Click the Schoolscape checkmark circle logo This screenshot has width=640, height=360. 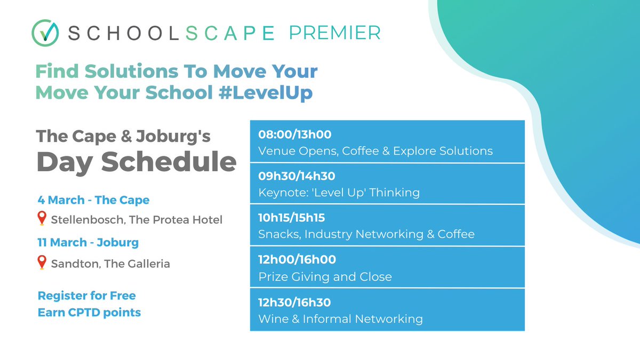click(45, 33)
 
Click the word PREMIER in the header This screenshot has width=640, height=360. click(334, 33)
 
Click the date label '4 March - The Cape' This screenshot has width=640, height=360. click(93, 200)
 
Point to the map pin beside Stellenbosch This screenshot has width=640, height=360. click(42, 219)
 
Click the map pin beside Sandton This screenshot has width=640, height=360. click(42, 263)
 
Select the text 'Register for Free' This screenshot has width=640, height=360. click(86, 295)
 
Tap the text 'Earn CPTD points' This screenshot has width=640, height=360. click(89, 313)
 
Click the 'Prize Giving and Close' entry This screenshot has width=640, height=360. click(325, 277)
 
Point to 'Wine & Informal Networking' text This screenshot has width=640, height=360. click(340, 319)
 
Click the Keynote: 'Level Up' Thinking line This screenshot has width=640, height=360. click(339, 193)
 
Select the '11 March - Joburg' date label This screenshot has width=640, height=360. click(88, 243)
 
